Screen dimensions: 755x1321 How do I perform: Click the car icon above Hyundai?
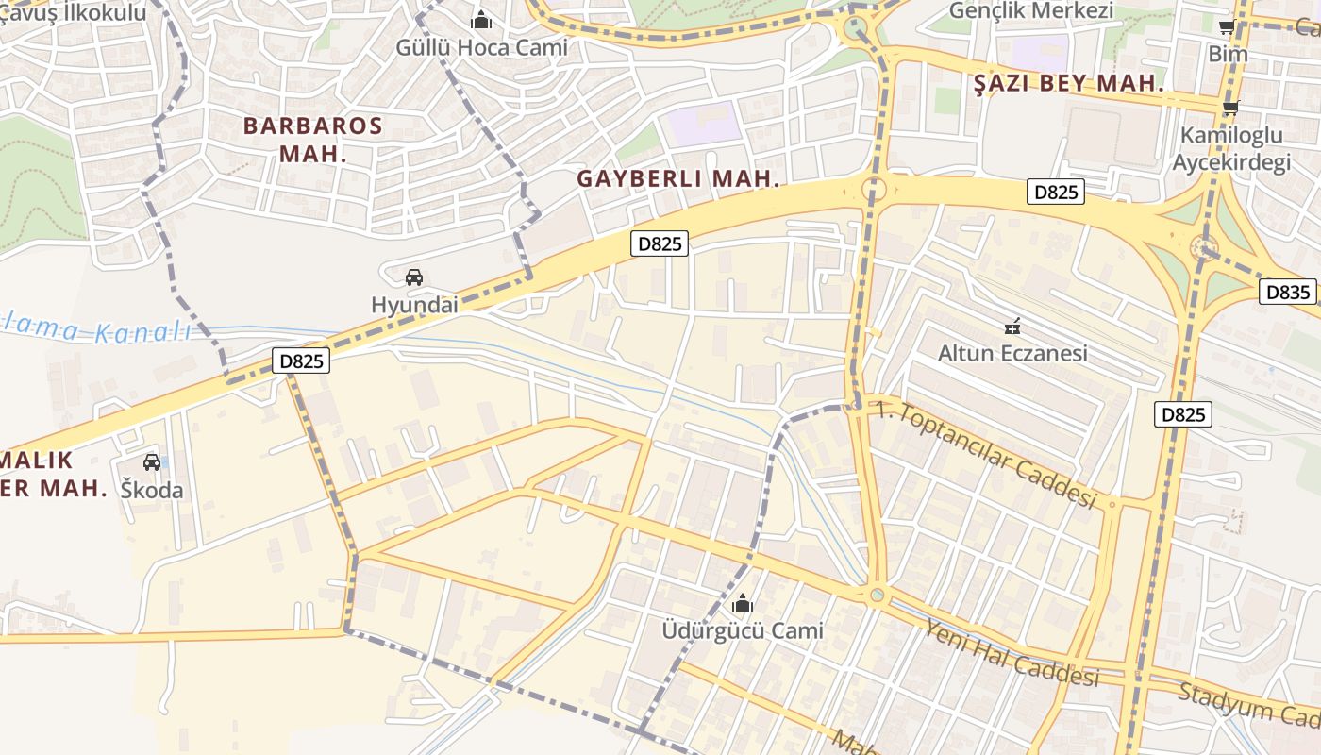(x=413, y=277)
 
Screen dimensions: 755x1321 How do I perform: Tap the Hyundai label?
(x=414, y=305)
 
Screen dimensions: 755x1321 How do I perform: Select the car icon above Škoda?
(x=152, y=462)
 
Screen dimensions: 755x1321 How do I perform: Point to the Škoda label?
(x=152, y=490)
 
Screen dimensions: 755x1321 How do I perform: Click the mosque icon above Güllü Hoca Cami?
(x=481, y=19)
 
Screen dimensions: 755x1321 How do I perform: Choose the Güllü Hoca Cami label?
(x=481, y=47)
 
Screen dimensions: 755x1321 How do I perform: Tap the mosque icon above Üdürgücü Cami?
(x=743, y=602)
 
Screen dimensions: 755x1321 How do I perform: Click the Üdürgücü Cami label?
(x=743, y=630)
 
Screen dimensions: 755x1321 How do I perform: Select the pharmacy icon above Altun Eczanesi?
(x=1012, y=327)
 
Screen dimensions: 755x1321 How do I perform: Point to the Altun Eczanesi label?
(x=1012, y=354)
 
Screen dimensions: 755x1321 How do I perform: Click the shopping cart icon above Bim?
(x=1228, y=27)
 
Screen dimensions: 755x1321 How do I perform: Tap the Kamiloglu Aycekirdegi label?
(x=1230, y=149)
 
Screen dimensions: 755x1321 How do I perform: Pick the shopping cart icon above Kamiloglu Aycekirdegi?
(x=1230, y=109)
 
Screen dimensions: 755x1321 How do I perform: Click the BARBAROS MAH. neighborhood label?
(x=313, y=139)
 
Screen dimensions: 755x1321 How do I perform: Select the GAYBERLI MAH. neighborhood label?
(x=679, y=178)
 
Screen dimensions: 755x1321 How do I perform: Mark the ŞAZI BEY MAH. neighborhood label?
(x=1069, y=83)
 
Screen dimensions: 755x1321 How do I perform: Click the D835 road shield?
(x=1288, y=293)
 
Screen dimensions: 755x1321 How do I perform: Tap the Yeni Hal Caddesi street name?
(x=1012, y=652)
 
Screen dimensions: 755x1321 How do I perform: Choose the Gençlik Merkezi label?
(x=1030, y=11)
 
